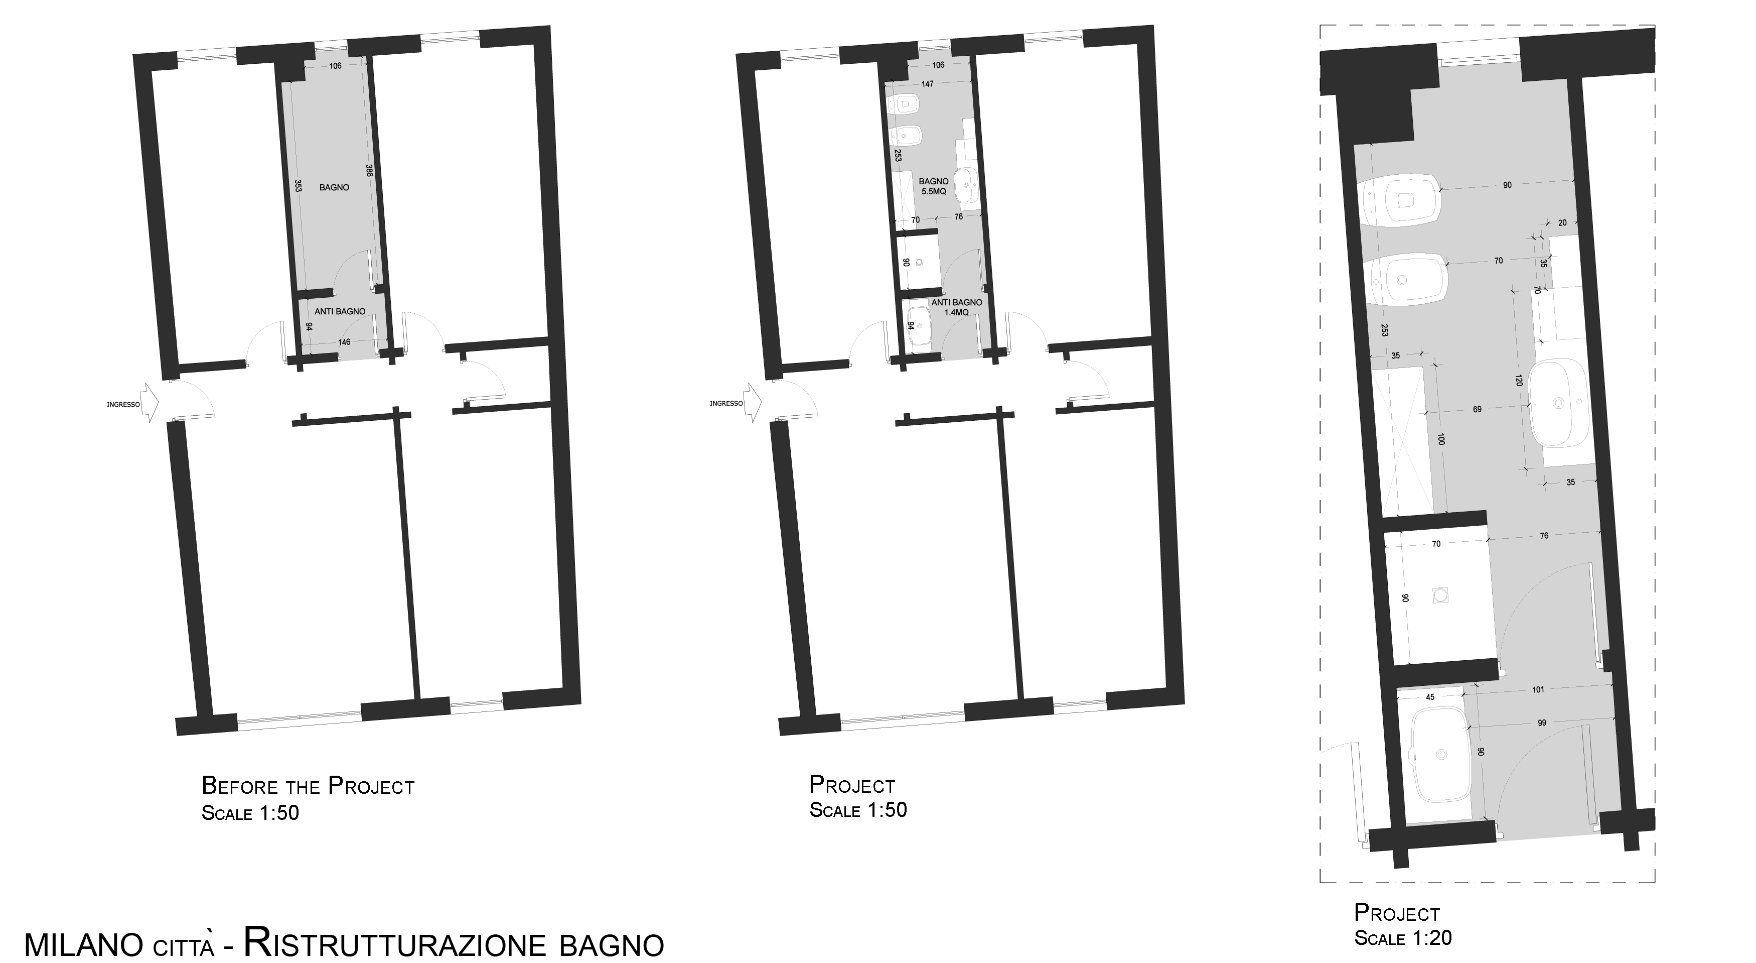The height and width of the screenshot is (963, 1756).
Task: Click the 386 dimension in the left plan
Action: (x=369, y=171)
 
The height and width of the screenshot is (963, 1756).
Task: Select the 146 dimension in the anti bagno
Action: (x=344, y=342)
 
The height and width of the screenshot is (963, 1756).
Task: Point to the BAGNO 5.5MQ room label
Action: (x=933, y=187)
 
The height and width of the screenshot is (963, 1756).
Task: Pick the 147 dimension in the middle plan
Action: (x=927, y=84)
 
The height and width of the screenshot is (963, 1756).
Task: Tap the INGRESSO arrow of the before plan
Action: (x=150, y=403)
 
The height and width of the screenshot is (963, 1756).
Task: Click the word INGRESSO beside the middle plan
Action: (x=726, y=404)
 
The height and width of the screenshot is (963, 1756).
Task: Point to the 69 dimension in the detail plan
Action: (x=1477, y=409)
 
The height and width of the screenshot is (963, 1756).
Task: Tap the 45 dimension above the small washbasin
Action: (x=1430, y=697)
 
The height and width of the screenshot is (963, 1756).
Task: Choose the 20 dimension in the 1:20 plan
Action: (x=1562, y=222)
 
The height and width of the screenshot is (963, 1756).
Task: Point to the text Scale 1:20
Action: (x=1403, y=938)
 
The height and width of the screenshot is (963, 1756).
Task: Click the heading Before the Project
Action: (x=308, y=786)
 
